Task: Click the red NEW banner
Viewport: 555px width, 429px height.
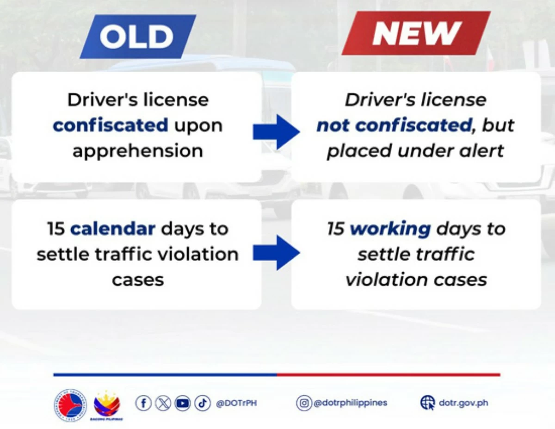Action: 416,33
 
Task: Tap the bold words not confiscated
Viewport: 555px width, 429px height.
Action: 394,125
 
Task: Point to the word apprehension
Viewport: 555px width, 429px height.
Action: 137,150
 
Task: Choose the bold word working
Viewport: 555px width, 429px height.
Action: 390,229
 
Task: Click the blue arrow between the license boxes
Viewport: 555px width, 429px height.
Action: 276,132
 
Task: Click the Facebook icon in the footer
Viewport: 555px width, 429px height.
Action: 143,403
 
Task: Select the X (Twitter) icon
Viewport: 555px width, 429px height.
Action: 163,403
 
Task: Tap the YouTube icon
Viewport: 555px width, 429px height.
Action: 183,403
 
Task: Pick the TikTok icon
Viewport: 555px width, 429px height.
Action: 203,403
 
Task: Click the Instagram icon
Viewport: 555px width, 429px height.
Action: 304,403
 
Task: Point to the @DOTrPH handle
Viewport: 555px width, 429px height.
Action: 236,403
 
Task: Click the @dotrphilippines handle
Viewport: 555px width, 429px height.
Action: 350,403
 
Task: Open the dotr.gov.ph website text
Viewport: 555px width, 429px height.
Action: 463,403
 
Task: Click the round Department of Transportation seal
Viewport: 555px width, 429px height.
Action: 70,405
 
